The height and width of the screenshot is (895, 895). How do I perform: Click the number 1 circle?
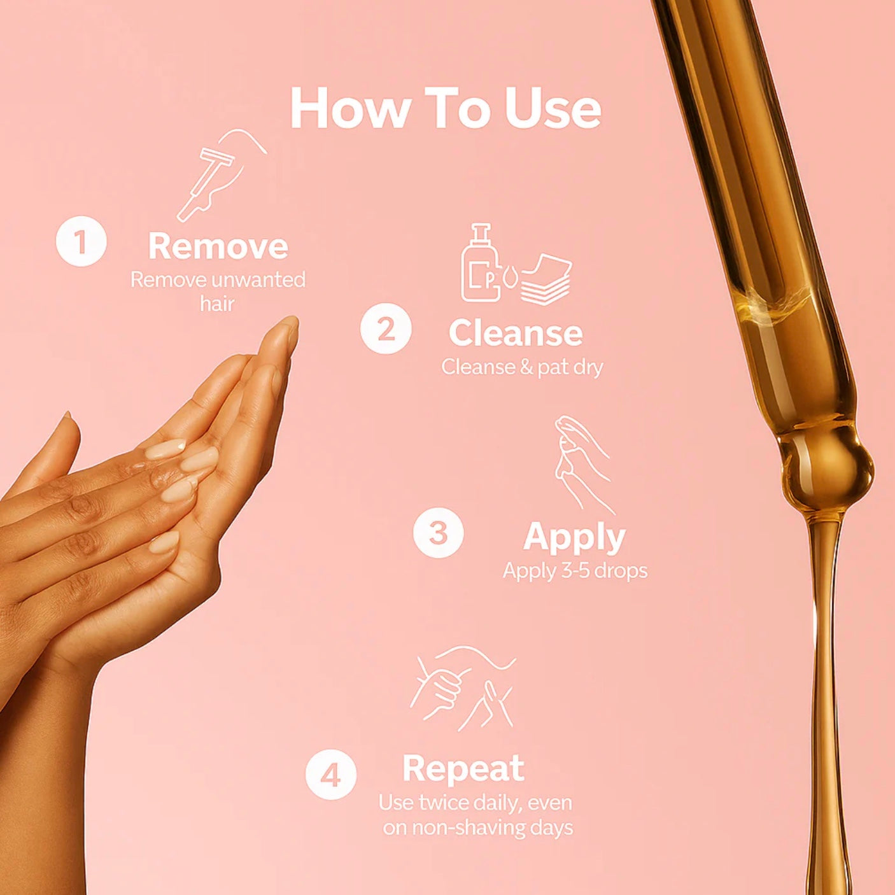[81, 243]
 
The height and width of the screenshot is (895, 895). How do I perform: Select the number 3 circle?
[438, 532]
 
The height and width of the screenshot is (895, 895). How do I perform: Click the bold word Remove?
[218, 246]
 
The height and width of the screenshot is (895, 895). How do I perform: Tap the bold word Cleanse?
[516, 333]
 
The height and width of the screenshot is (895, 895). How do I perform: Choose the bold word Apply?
[575, 539]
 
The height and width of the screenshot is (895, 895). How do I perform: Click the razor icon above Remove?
[221, 174]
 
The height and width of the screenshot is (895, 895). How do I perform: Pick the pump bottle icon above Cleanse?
[481, 262]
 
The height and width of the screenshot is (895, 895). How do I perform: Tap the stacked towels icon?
[546, 279]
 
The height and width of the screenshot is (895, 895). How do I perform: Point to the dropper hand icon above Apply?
[583, 465]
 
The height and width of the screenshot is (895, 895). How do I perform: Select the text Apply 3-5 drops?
[575, 571]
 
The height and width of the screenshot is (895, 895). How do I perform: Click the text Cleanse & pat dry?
[522, 367]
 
